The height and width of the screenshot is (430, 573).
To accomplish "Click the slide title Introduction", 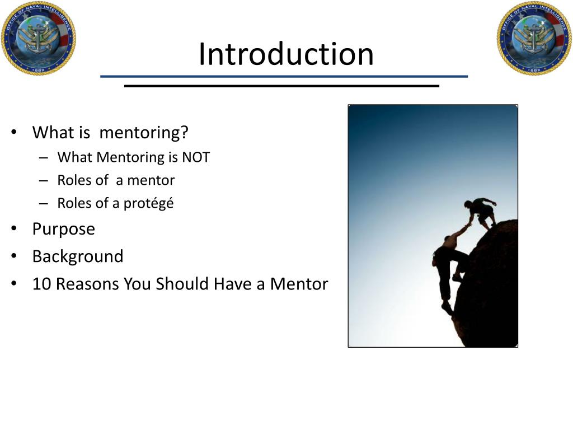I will click(x=286, y=54).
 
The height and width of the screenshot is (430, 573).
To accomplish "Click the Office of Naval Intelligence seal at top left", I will click(x=38, y=38).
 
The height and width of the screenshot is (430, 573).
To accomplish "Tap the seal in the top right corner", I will click(x=534, y=38).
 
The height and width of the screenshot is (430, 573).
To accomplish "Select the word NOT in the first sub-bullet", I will click(x=195, y=157).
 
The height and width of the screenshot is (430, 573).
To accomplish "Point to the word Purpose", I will click(x=64, y=229).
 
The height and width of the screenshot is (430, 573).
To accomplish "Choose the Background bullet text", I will click(x=78, y=256).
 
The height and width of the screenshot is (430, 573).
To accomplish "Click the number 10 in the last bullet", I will click(x=41, y=284).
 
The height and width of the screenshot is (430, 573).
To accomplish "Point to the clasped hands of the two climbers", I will click(x=467, y=225).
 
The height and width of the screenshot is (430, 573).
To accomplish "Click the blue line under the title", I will click(x=284, y=76).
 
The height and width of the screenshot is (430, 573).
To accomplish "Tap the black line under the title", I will click(x=281, y=86).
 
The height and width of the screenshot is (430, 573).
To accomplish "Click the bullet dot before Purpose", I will click(x=14, y=229).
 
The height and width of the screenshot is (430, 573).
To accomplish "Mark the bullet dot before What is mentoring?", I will click(x=14, y=133).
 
